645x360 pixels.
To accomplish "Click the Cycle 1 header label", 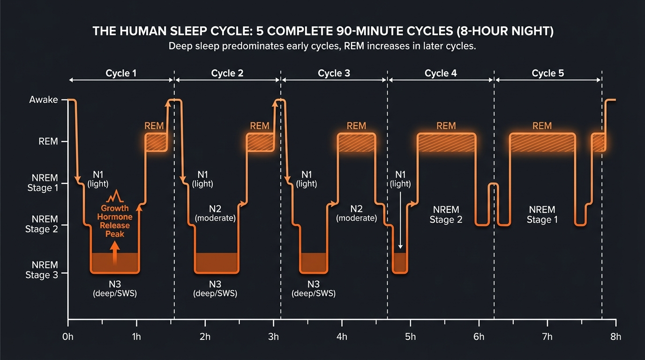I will pyautogui.click(x=121, y=73).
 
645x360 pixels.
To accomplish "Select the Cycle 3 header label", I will pyautogui.click(x=334, y=73).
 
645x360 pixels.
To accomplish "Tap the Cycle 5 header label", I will pyautogui.click(x=547, y=73).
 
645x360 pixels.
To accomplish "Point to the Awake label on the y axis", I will pyautogui.click(x=43, y=100).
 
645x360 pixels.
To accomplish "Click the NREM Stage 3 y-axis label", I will pyautogui.click(x=42, y=270).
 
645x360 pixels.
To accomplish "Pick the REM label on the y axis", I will pyautogui.click(x=48, y=142).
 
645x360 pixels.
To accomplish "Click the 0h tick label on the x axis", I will pyautogui.click(x=68, y=337).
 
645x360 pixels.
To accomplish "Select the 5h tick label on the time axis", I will pyautogui.click(x=410, y=337).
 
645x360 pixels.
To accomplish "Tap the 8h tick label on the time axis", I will pyautogui.click(x=615, y=337).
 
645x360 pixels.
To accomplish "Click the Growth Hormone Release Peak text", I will pyautogui.click(x=114, y=221).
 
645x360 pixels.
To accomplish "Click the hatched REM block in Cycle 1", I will pyautogui.click(x=156, y=142).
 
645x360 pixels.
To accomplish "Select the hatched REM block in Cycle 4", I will pyautogui.click(x=446, y=142).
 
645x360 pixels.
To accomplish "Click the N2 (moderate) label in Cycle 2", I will pyautogui.click(x=215, y=213).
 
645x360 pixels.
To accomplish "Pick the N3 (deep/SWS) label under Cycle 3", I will pyautogui.click(x=314, y=289).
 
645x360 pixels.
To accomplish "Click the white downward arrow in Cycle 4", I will pyautogui.click(x=400, y=220).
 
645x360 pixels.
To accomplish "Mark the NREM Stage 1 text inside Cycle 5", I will pyautogui.click(x=542, y=214).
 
